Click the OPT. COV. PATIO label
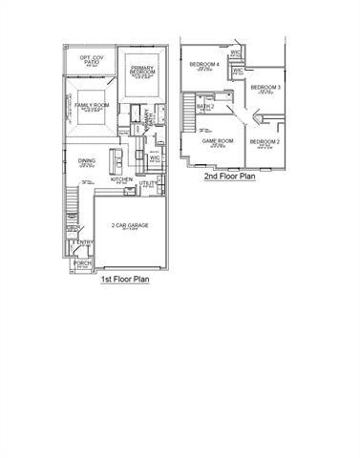(x=92, y=61)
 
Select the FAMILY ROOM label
(x=92, y=104)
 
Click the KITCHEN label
(x=121, y=178)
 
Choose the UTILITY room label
(x=148, y=182)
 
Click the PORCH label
(x=82, y=262)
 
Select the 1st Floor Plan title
(x=124, y=281)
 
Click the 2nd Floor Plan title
(x=230, y=177)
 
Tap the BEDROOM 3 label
(x=265, y=88)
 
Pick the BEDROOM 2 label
(x=265, y=141)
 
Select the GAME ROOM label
(x=218, y=141)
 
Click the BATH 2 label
(x=203, y=106)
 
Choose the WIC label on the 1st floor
(x=155, y=156)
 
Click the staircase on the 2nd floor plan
(x=188, y=114)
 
